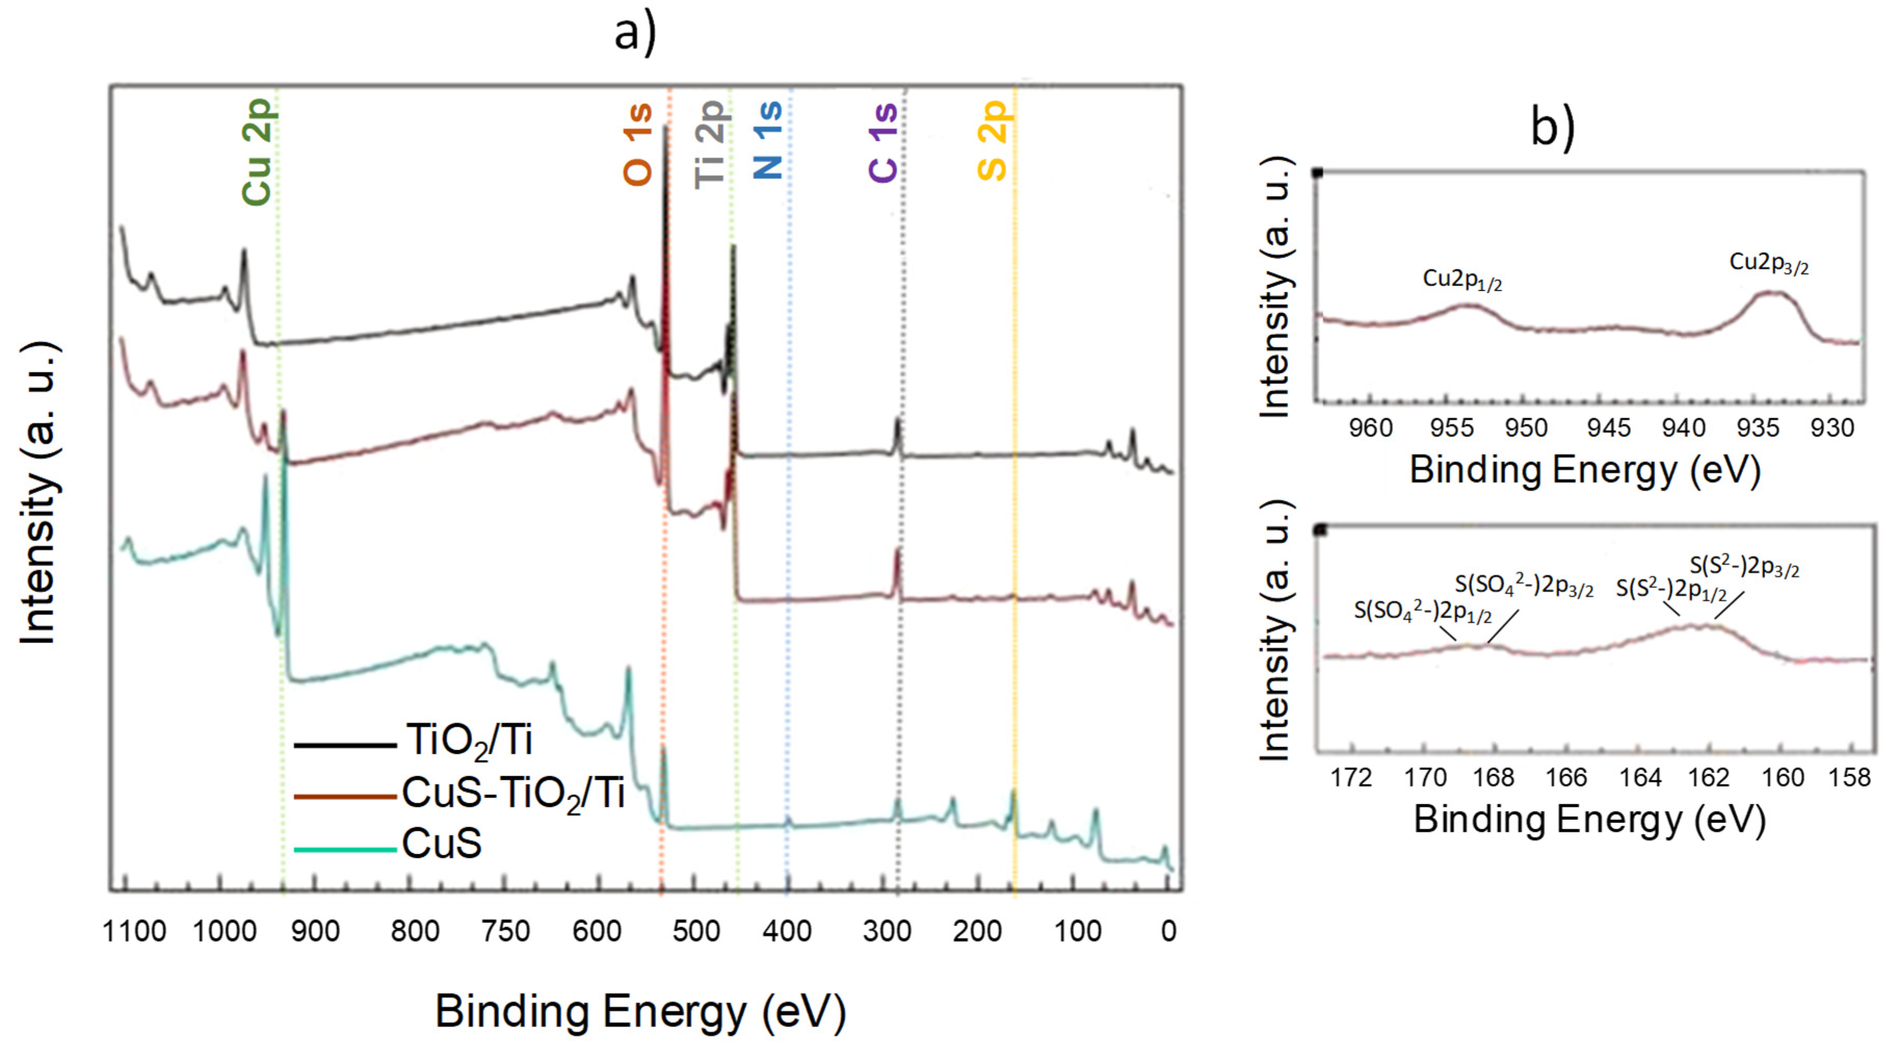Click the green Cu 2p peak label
coord(258,152)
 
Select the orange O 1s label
coord(637,144)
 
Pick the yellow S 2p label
coord(993,141)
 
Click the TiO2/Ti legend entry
coord(469,741)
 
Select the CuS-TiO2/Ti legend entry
coord(512,793)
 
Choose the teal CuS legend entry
coord(442,844)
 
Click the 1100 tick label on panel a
coord(135,931)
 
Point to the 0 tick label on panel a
coord(1168,931)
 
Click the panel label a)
coord(635,33)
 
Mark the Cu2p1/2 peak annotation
coord(1462,280)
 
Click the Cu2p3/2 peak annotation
coord(1768,263)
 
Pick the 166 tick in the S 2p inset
coord(1566,777)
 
